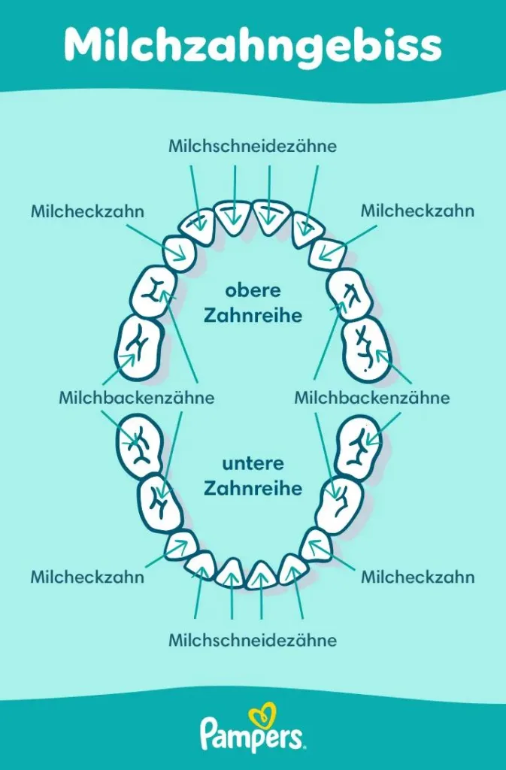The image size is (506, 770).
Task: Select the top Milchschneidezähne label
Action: (253, 145)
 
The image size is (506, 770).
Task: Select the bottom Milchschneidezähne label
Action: (253, 641)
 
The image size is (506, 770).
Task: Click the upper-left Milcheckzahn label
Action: (87, 211)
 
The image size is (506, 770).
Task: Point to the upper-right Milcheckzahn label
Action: (417, 211)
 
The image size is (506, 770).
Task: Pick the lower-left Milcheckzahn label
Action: (87, 577)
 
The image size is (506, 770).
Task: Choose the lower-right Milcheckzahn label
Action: (417, 577)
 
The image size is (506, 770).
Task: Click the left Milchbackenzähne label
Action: (137, 398)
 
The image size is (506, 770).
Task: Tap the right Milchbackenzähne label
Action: (372, 398)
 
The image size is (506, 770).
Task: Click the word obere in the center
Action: (253, 290)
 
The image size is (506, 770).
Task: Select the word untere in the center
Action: (253, 464)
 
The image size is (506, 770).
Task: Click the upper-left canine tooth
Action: (181, 252)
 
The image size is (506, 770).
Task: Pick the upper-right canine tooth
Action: (326, 253)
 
